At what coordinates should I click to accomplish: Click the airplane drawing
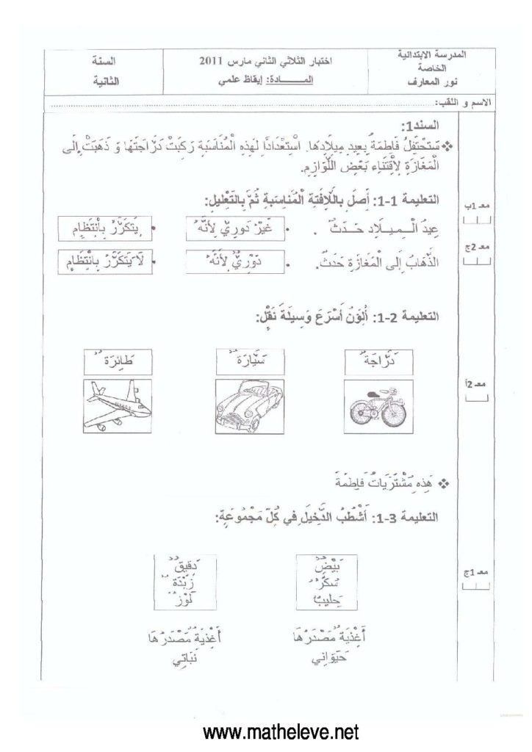click(118, 404)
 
